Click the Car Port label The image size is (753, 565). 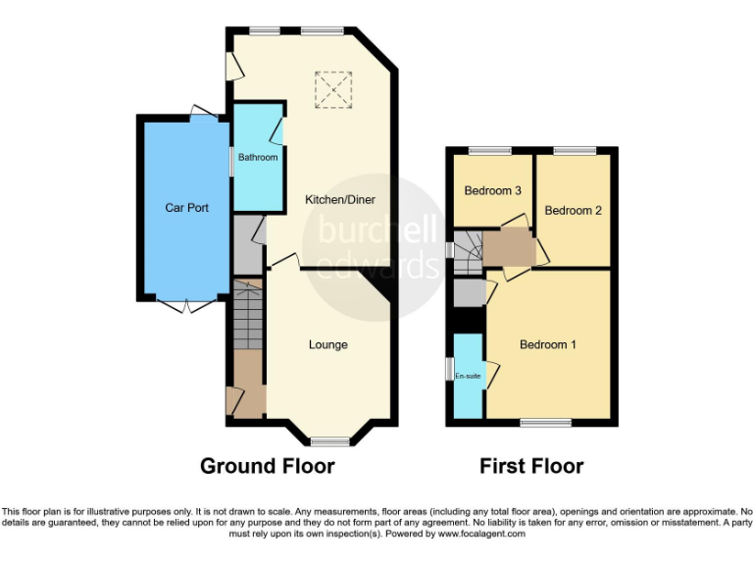pos(186,208)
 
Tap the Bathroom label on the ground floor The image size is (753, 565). pos(257,157)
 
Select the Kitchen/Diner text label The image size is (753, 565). pos(340,199)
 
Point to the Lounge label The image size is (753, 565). pos(328,344)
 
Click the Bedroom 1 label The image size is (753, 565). pos(548,344)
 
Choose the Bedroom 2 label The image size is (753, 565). pos(573,210)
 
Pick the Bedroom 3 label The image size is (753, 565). pos(492,190)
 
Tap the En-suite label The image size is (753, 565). pos(469,376)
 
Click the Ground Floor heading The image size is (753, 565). pos(267,466)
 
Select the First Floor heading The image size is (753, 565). pos(531,466)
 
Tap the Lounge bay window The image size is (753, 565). pos(329,440)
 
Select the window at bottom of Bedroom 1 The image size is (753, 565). pos(546,423)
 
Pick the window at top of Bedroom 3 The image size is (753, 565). pos(489,150)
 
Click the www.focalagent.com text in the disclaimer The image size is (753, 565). pos(482,535)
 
